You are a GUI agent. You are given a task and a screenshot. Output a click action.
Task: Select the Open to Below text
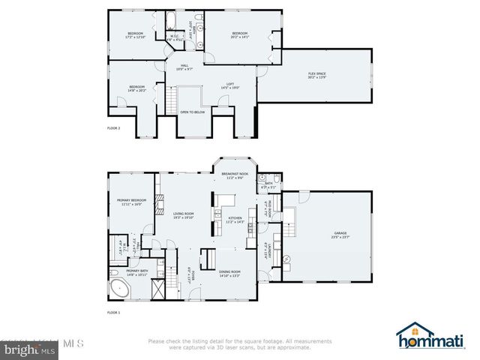(x=193, y=112)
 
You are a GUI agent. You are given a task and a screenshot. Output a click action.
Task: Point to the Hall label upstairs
(x=184, y=67)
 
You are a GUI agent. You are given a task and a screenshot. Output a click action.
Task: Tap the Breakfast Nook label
(x=235, y=175)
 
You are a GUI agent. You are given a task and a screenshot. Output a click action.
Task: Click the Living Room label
(x=184, y=215)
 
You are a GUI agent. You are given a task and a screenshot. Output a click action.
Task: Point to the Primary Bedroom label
(x=131, y=202)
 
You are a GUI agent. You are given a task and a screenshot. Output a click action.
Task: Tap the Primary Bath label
(x=136, y=272)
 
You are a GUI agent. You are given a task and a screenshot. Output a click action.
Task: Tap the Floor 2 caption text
(x=113, y=129)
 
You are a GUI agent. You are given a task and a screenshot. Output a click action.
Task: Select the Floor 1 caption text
(x=113, y=311)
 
